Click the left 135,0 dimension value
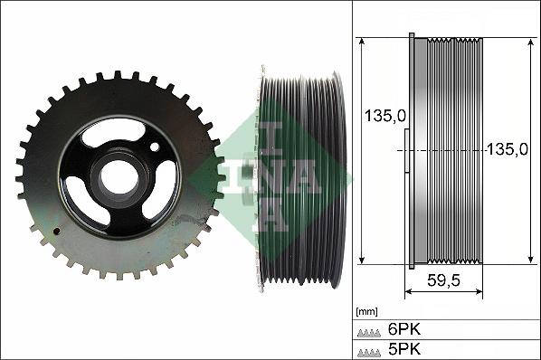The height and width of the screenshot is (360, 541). click(384, 116)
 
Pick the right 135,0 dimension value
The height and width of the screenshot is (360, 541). click(507, 149)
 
